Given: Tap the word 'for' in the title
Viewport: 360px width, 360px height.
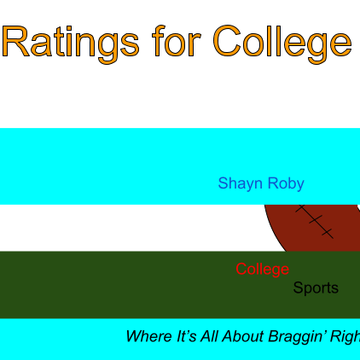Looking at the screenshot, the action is coord(177,40).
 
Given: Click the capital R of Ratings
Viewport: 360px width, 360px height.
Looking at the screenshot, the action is coord(16,41).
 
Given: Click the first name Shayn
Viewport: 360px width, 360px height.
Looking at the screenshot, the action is coord(240,183).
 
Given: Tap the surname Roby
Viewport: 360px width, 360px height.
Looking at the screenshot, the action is coord(286,183).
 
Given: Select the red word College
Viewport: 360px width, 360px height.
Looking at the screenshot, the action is coord(262,270).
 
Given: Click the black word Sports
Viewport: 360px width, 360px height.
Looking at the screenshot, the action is coord(316,288).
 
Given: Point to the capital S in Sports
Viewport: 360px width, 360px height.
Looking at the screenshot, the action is coord(298,287).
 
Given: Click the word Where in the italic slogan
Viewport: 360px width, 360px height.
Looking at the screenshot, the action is coord(149,336).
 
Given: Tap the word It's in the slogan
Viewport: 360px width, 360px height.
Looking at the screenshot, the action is coord(187,336).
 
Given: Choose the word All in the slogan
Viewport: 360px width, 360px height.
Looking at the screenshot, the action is coord(210,336).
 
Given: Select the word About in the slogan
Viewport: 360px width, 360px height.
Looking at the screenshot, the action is coord(243,336).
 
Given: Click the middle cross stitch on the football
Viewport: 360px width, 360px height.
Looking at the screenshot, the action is coord(315,219).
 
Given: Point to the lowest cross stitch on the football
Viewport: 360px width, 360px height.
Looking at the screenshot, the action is coord(328,233).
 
